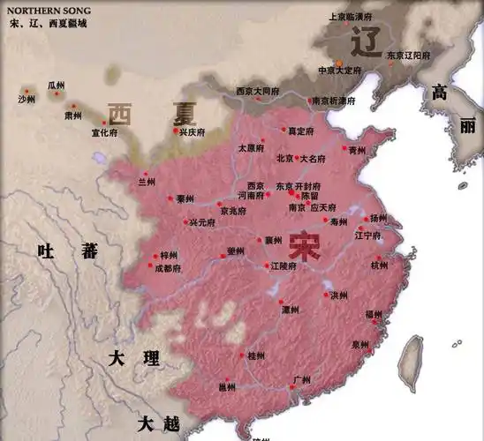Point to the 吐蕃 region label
[x=67, y=251]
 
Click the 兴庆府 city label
[x=193, y=132]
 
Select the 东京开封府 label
[x=296, y=186]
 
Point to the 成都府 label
[x=168, y=267]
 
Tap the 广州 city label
[x=301, y=380]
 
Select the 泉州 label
[x=359, y=344]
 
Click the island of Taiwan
[x=412, y=363]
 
